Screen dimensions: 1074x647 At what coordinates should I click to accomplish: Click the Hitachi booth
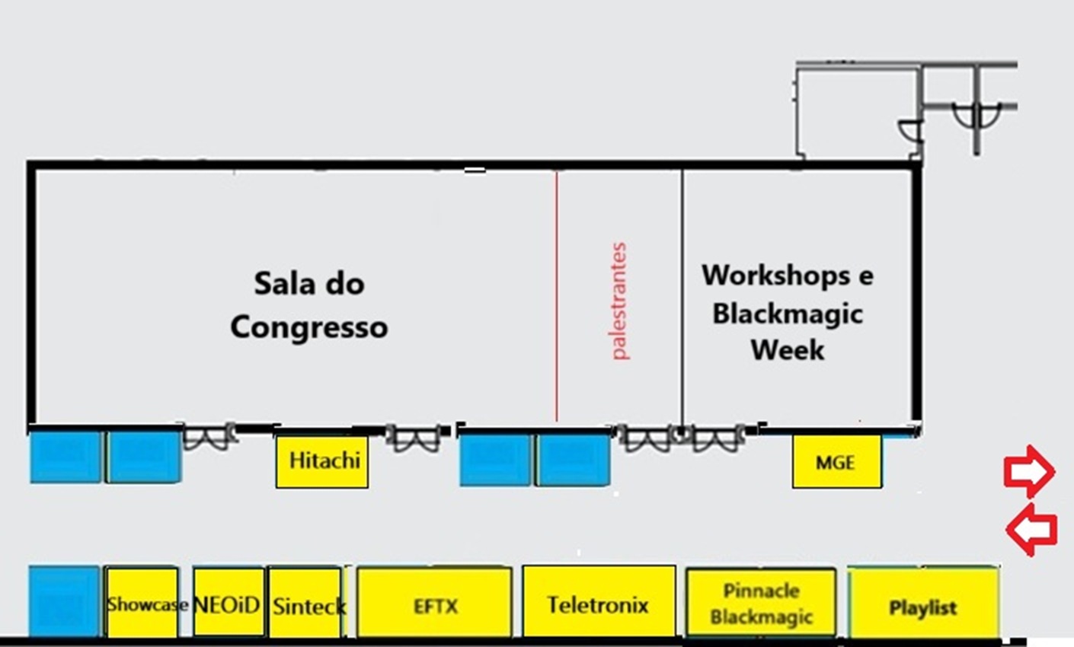322,461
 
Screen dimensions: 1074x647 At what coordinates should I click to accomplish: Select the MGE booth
836,461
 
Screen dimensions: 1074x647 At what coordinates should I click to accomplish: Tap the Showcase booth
142,602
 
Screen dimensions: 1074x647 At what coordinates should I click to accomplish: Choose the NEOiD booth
229,602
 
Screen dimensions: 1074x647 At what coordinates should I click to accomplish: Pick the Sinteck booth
305,602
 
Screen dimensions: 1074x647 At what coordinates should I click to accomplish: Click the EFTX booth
434,602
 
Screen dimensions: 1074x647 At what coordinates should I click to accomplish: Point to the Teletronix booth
599,601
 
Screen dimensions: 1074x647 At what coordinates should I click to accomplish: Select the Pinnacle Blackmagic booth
762,602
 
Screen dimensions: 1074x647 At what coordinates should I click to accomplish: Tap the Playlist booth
924,602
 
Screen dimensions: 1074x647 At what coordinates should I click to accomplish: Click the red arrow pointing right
1029,472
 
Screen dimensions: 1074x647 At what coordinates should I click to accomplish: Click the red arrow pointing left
1031,530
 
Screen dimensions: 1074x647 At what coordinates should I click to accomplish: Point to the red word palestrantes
619,301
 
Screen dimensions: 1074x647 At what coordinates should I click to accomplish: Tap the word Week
788,350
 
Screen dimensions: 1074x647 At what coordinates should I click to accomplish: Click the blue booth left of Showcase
64,601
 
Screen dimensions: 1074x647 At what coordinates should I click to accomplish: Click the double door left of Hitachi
209,437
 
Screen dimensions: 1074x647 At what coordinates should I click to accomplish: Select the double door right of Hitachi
414,438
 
